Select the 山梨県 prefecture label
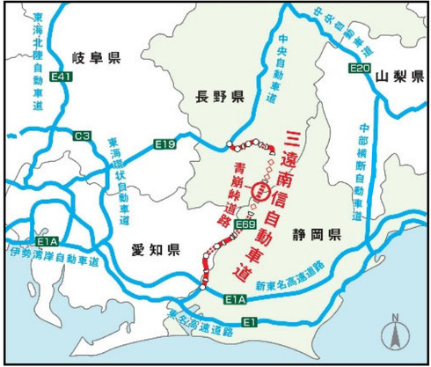tap(394, 77)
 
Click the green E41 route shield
tap(61, 80)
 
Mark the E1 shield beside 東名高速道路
tap(252, 323)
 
